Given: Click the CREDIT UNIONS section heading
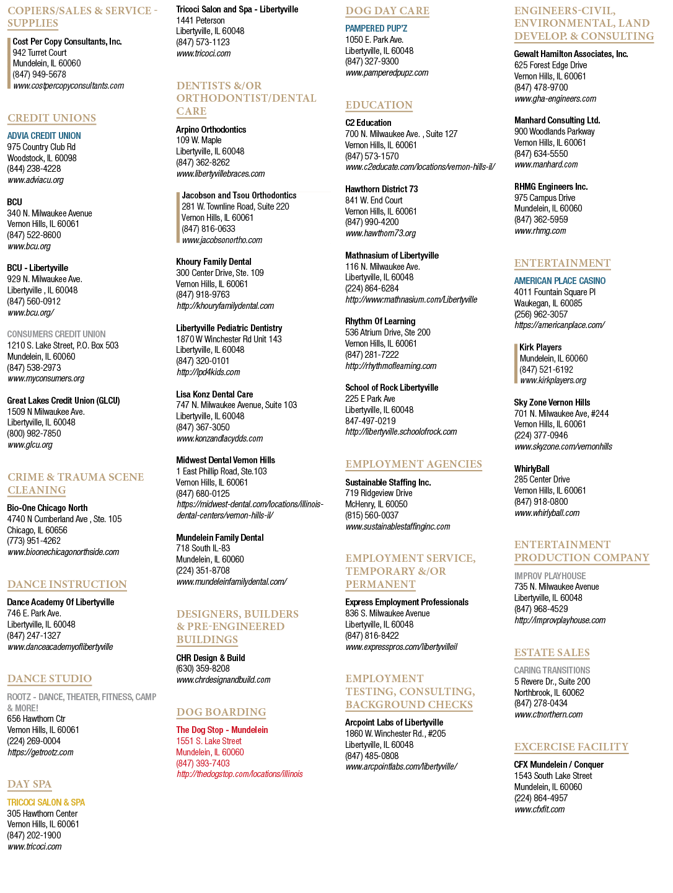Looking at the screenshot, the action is click(51, 118).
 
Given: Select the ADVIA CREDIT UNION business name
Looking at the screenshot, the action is click(44, 135).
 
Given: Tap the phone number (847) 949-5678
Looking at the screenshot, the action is click(39, 74).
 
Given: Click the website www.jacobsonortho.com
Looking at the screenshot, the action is click(222, 240).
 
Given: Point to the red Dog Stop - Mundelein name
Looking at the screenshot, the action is click(222, 729).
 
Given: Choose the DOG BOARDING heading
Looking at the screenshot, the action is click(221, 711).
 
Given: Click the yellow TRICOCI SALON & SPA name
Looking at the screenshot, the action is click(46, 802).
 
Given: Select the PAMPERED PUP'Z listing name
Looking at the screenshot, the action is click(376, 29).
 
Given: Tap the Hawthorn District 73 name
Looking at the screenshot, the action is click(381, 189).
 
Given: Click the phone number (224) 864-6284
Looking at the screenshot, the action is click(372, 288).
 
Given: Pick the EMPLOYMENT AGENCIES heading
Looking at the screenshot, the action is click(413, 464).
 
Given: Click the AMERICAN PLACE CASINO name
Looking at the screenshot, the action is click(559, 281).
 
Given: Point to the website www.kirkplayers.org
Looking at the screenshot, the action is click(553, 380).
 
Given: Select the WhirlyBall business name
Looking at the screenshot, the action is click(532, 468).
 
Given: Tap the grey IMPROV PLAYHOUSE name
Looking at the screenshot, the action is click(550, 575).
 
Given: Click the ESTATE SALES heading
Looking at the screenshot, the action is click(552, 652).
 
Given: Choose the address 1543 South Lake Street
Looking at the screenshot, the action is click(553, 775).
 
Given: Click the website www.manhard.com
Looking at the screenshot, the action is click(546, 164).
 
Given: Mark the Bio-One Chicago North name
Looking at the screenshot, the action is click(47, 507).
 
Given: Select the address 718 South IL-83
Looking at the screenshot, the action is click(203, 548).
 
